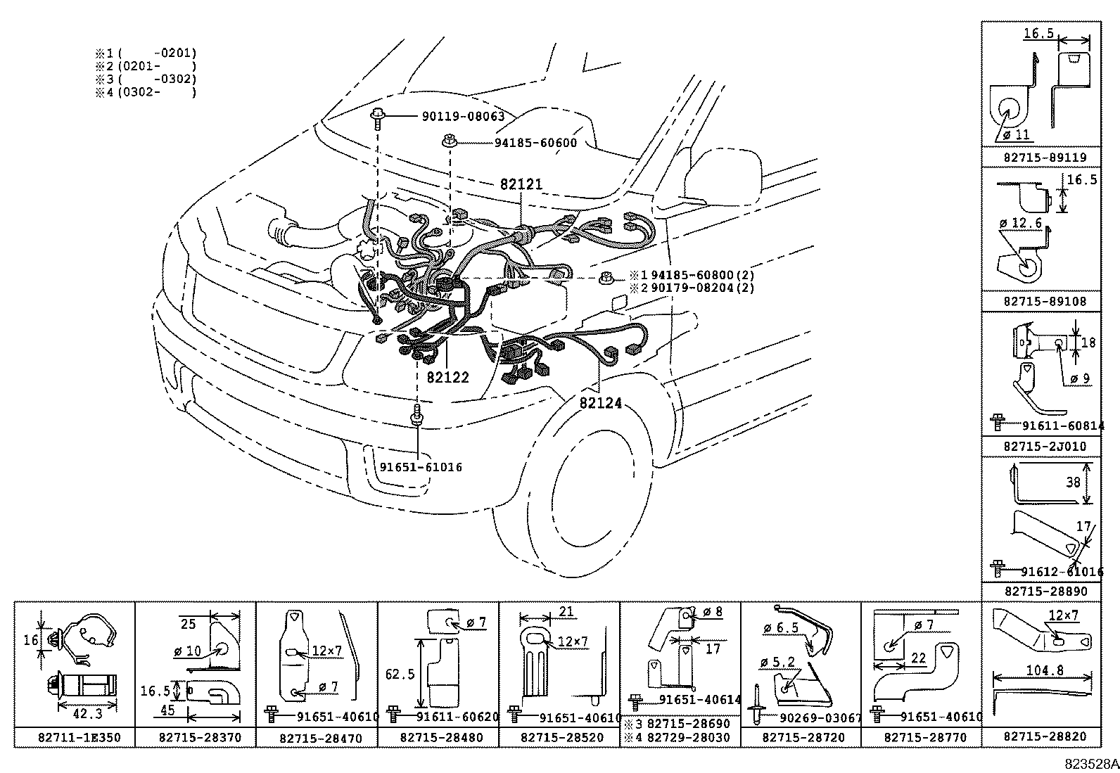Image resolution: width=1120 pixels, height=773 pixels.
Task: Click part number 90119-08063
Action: click(463, 117)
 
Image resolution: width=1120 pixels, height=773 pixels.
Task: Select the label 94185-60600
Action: click(535, 143)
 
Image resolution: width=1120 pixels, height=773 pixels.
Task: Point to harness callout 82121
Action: click(521, 184)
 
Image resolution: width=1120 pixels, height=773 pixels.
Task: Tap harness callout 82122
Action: click(447, 377)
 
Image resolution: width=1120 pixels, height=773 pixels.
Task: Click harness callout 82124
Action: click(601, 403)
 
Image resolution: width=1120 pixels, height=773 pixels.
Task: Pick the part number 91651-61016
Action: click(421, 467)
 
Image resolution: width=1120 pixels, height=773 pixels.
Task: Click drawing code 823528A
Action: click(1090, 763)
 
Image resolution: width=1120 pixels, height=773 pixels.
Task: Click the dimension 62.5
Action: click(400, 674)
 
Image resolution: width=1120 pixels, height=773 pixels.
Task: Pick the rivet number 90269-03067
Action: click(820, 717)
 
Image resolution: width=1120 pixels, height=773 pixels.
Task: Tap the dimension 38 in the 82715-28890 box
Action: click(1072, 483)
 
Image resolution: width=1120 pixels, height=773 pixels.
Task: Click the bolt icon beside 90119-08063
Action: click(378, 117)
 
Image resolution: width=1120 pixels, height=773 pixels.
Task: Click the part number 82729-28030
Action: click(688, 738)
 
